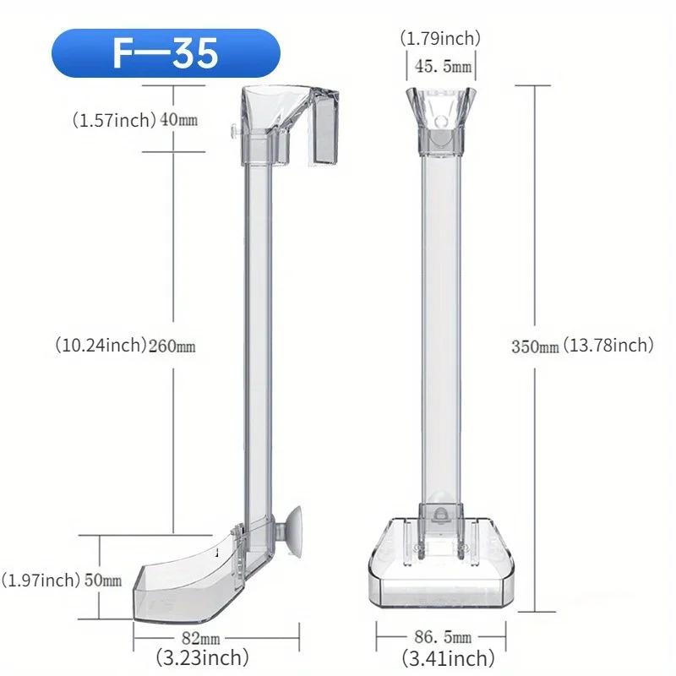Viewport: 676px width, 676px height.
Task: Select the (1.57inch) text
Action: click(113, 120)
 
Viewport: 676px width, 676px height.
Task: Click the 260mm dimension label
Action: click(172, 346)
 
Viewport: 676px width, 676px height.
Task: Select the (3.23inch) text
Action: click(203, 657)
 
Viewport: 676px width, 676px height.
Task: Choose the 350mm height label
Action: click(535, 346)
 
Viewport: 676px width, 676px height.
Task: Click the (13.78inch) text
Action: click(608, 346)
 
